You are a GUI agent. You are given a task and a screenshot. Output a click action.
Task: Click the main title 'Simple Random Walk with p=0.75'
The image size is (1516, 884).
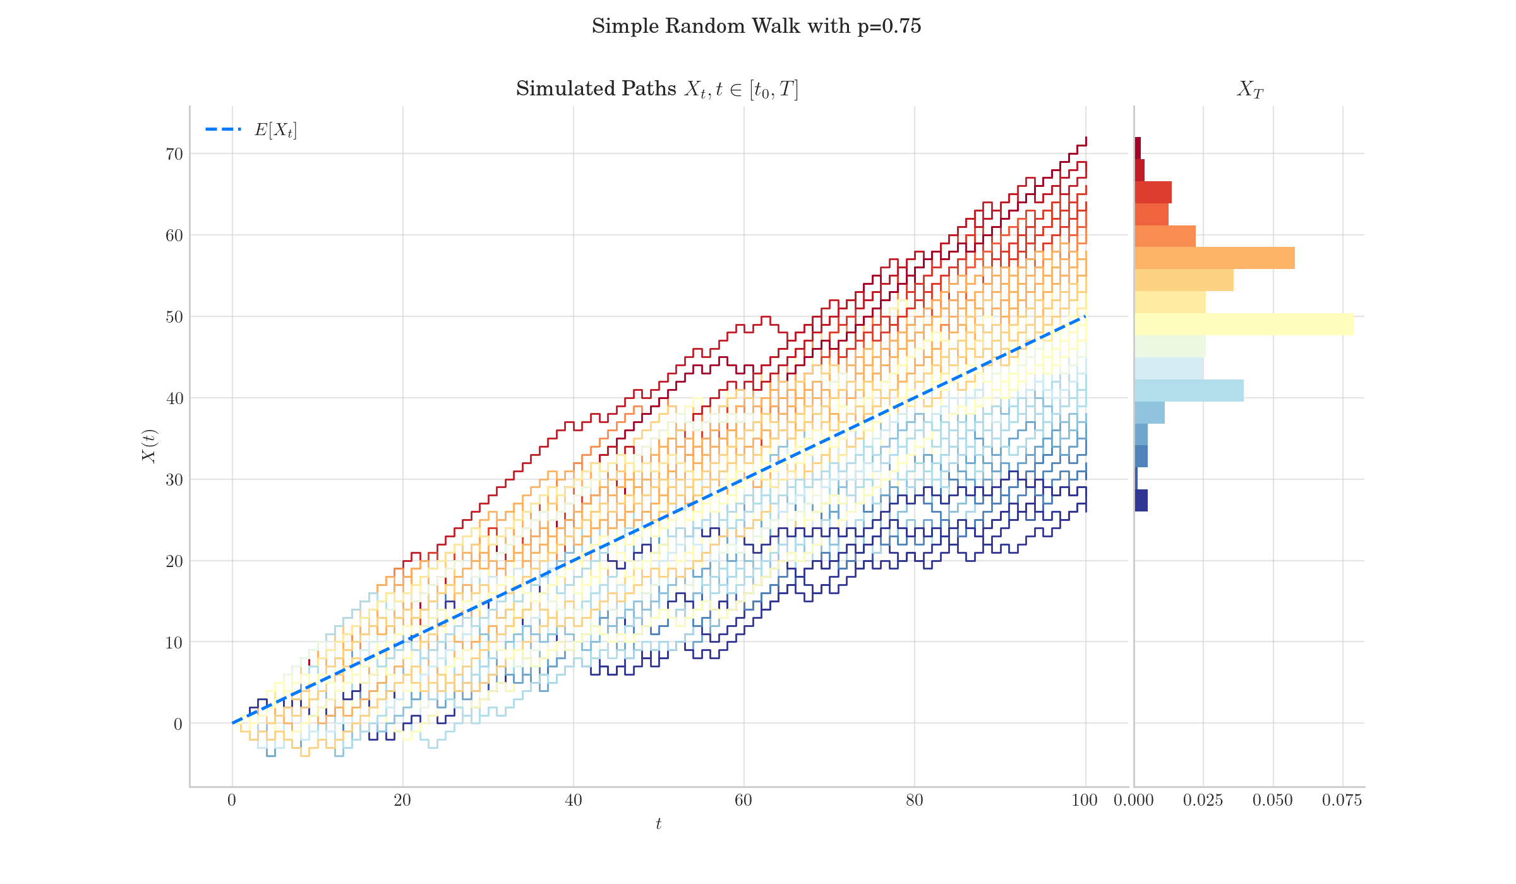pos(756,27)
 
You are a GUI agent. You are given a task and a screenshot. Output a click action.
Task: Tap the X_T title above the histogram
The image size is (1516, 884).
pos(1249,90)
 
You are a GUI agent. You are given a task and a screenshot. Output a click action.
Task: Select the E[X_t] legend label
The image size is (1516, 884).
pos(275,130)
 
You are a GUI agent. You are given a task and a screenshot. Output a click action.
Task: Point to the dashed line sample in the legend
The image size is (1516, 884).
pos(223,129)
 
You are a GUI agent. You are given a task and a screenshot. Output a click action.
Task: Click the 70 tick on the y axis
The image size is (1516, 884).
pos(174,154)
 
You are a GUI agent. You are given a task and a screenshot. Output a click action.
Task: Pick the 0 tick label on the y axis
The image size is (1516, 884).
pos(178,724)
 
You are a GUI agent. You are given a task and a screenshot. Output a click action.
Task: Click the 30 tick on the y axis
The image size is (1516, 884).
pos(174,480)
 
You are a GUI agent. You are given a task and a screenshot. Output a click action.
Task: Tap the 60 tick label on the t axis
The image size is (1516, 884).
pos(743,801)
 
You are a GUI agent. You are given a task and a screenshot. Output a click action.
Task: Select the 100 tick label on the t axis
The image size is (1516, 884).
pos(1085,801)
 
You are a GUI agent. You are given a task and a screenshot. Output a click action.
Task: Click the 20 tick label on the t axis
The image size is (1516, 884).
pos(402,801)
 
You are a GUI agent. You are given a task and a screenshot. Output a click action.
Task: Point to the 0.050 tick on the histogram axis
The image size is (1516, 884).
pos(1273,801)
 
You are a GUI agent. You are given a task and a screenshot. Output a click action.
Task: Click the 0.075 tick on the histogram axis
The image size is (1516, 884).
pos(1342,801)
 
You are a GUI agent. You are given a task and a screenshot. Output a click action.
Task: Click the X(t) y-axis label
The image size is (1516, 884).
pos(149,446)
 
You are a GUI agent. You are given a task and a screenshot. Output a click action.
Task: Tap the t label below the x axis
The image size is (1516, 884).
pos(658,824)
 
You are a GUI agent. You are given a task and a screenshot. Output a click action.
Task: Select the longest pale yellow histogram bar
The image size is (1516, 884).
pos(1244,325)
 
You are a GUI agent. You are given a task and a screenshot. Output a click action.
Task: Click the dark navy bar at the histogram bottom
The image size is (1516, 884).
pos(1141,500)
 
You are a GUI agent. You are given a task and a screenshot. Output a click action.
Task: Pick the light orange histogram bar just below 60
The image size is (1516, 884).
pos(1214,258)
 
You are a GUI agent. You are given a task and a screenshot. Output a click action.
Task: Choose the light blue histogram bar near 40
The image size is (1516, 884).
pos(1189,391)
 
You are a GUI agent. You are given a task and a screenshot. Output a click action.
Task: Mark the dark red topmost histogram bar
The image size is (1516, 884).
pos(1138,148)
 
